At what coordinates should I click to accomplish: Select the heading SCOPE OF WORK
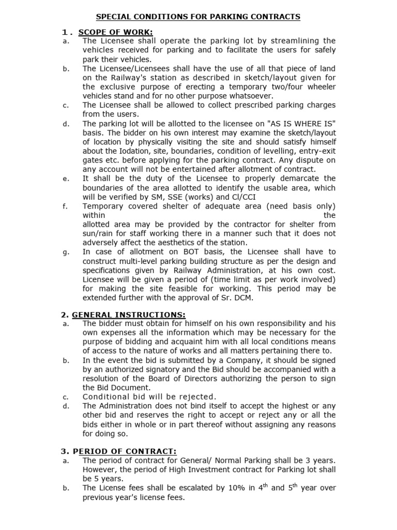point(115,33)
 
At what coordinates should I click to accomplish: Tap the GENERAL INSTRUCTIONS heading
point(129,315)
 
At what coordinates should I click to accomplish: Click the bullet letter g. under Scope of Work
point(65,252)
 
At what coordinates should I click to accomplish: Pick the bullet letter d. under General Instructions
point(65,406)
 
